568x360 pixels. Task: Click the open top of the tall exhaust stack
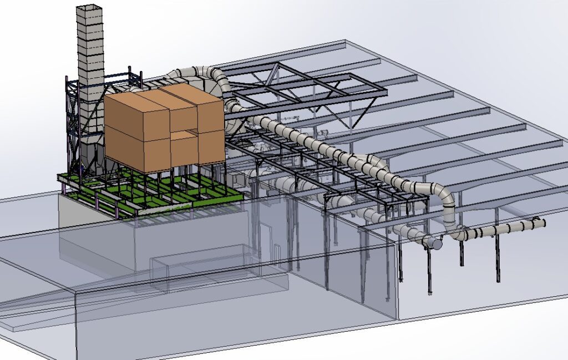(89, 7)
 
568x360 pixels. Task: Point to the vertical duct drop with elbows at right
(449, 208)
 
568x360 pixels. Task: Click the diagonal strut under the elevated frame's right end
(363, 114)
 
